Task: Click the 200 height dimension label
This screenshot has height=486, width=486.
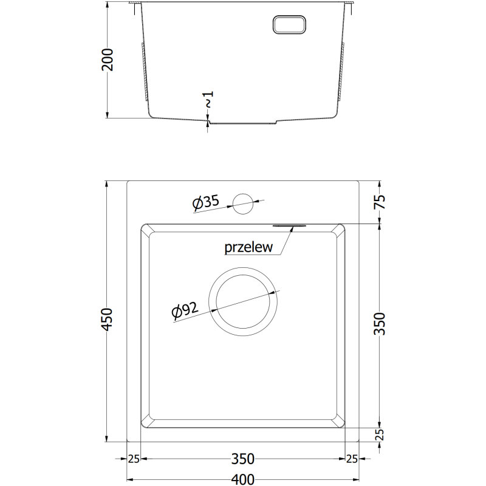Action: tap(108, 59)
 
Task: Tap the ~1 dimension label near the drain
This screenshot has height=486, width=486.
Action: tap(208, 100)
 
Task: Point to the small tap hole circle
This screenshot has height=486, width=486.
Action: tap(243, 203)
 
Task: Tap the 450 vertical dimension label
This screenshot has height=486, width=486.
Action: tap(108, 320)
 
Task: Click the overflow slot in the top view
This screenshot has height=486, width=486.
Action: tap(289, 225)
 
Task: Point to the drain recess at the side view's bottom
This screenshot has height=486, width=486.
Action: tap(242, 122)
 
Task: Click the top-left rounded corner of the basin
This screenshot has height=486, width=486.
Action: tap(146, 230)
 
